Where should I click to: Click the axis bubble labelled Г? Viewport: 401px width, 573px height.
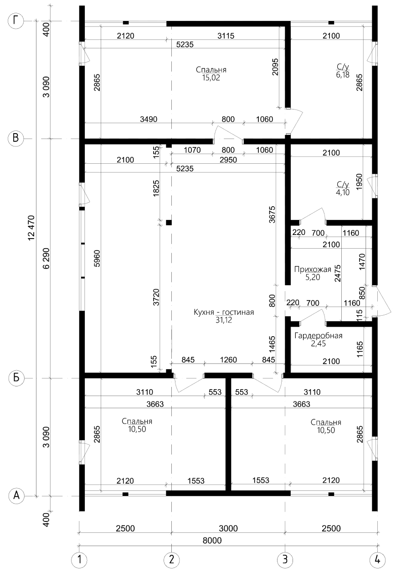coord(16,21)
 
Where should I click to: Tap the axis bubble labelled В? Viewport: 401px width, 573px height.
coord(16,138)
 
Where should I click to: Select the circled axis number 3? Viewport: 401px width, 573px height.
coord(285,560)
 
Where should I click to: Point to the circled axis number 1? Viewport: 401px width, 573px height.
coord(79,560)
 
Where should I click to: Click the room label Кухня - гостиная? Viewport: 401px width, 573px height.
coord(224,312)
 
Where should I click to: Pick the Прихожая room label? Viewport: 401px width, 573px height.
coord(313,269)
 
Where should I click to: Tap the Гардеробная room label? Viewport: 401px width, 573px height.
coord(318,335)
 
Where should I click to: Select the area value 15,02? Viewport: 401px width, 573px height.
coord(211,78)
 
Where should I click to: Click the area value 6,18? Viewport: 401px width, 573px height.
coord(343,75)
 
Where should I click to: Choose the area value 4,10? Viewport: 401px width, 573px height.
coord(343,193)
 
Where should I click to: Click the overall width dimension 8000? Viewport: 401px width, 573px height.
coord(212,541)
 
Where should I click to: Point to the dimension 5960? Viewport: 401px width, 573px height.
coord(97,259)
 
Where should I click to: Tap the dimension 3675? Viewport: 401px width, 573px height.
coord(272,214)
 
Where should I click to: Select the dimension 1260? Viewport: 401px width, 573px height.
coord(228,359)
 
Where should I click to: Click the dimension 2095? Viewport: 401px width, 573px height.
coord(275,67)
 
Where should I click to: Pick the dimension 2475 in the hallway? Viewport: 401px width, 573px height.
coord(338,273)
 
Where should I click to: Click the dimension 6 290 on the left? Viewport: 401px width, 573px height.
coord(46,258)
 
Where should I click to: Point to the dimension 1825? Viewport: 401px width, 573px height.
coord(156,188)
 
